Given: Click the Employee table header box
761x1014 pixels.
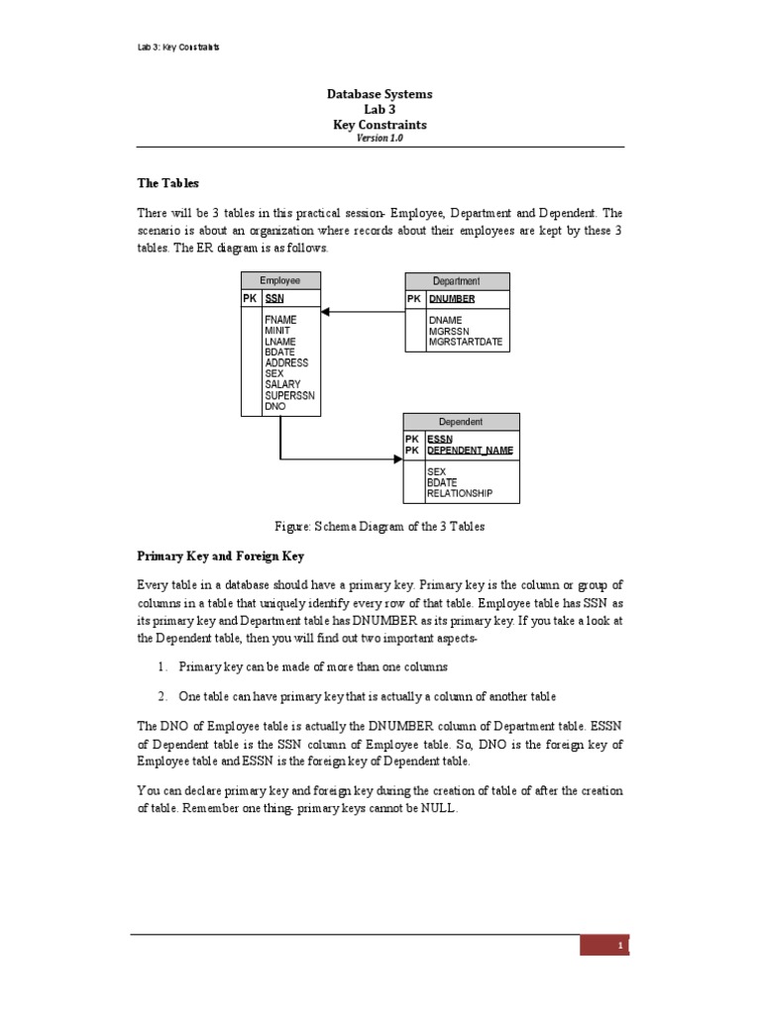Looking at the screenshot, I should tap(280, 280).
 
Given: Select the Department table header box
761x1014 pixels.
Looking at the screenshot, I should tap(457, 281).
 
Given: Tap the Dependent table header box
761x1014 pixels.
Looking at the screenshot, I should tap(461, 421).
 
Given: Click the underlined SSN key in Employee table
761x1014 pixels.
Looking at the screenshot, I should tap(274, 298).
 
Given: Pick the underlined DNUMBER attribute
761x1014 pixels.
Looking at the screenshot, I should tap(452, 298).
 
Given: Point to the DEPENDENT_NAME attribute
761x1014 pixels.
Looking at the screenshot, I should tap(470, 451).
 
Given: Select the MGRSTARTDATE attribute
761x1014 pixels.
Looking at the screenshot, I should tap(466, 343).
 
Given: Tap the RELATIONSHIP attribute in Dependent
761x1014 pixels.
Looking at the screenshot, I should tap(460, 493).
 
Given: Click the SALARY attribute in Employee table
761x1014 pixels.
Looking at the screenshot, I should tap(282, 384).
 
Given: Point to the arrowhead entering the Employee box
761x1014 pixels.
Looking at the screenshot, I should tap(326, 312).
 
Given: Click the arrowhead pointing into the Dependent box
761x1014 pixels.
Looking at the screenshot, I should tap(396, 459).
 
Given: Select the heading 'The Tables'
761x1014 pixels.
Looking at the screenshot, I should tap(167, 183).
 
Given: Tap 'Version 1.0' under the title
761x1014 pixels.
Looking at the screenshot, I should tap(380, 139).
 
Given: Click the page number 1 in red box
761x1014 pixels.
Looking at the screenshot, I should tap(619, 946).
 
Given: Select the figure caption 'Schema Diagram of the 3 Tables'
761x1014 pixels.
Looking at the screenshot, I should tap(380, 527).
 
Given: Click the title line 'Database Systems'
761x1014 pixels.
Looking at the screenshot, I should tap(380, 94).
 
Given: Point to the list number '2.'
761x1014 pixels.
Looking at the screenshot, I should tap(161, 695).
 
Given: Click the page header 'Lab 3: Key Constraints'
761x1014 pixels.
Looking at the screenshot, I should tap(178, 47).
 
